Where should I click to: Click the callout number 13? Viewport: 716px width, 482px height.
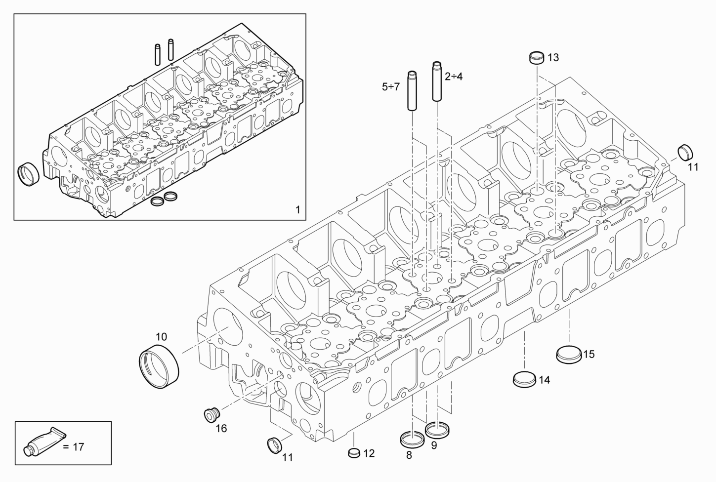coord(553,57)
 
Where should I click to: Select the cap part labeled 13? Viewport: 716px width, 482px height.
coord(536,57)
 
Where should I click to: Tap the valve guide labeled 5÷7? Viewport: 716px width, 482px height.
coord(413,91)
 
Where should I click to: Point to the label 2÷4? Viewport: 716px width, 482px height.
coord(453,77)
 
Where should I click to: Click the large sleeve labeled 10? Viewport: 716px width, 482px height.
coord(159,367)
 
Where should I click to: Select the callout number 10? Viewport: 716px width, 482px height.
coord(161,337)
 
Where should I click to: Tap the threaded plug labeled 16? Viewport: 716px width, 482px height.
coord(211,415)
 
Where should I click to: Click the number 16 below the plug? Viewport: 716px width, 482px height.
coord(221,429)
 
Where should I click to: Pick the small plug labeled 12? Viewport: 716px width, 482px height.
coord(353,452)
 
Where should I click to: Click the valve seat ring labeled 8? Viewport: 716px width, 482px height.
coord(412,439)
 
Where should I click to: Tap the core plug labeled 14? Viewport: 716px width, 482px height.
coord(523,379)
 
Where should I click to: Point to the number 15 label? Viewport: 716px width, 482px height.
coord(589,354)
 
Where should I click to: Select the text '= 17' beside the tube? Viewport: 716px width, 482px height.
coord(74,447)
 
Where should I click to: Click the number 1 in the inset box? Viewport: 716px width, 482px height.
coord(297,209)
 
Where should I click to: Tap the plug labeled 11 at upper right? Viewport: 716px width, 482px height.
coord(684,152)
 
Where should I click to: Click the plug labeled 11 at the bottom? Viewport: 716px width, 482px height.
coord(274,444)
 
